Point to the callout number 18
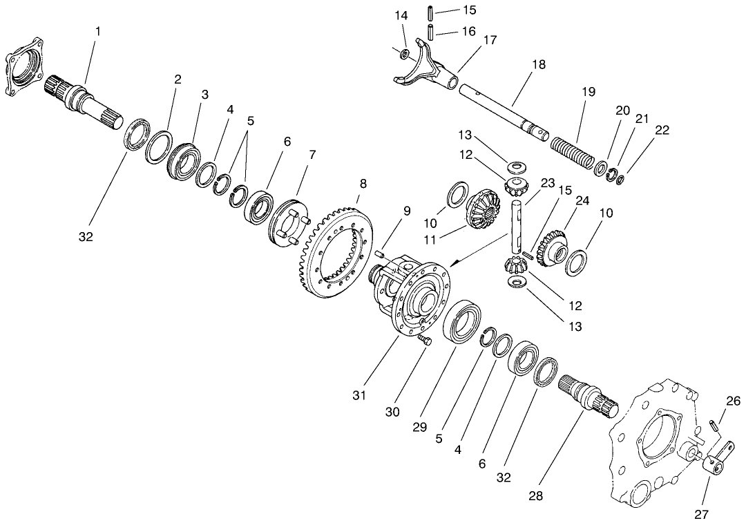pos(539,64)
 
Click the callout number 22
pos(661,130)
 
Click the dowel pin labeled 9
pos(379,256)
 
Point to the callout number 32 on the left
pos(85,237)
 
